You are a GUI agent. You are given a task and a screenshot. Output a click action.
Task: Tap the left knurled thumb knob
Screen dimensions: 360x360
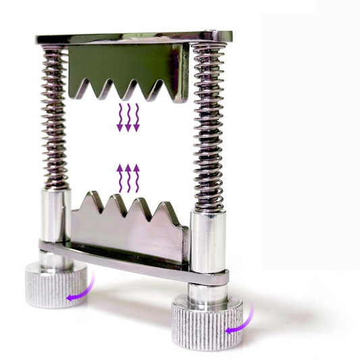(x=56, y=284)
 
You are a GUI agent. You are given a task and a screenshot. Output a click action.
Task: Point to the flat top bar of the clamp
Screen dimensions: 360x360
(x=135, y=38)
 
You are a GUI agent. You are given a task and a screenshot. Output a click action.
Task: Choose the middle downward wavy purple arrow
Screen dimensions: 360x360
(x=128, y=117)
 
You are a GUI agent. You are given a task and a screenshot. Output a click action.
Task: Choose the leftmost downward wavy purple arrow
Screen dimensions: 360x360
(x=120, y=117)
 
